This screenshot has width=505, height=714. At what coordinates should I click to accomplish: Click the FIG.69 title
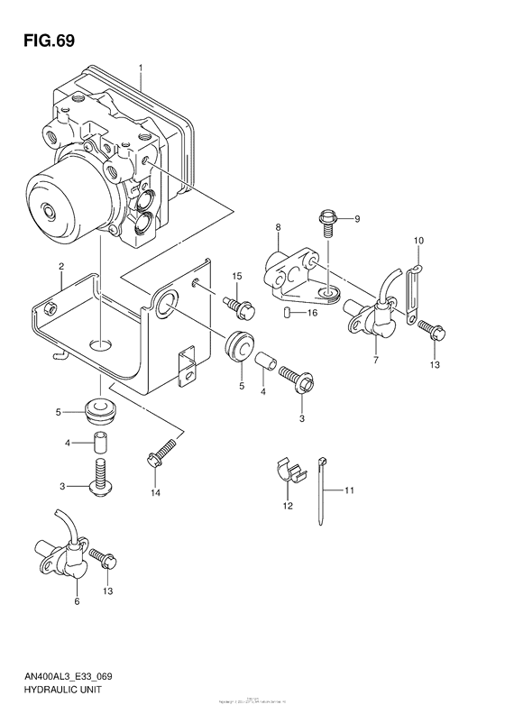(43, 41)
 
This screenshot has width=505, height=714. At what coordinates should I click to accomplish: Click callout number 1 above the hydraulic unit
(141, 69)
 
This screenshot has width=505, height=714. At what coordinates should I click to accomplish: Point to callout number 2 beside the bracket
(60, 266)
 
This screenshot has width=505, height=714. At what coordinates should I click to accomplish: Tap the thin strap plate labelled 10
(413, 295)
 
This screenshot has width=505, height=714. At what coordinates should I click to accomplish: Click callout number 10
(418, 241)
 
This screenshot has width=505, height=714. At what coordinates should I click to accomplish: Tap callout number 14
(155, 492)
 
